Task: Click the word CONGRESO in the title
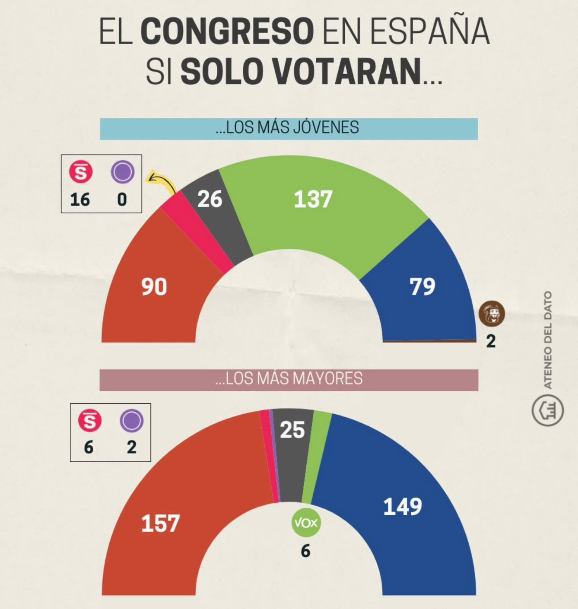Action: pyautogui.click(x=227, y=32)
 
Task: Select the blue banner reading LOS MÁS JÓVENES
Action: pyautogui.click(x=289, y=128)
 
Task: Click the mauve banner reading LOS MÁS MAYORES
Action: pyautogui.click(x=289, y=379)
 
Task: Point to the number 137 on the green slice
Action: pyautogui.click(x=313, y=200)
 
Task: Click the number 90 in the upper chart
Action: pyautogui.click(x=154, y=287)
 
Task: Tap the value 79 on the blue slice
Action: pyautogui.click(x=422, y=286)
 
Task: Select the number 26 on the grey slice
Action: pyautogui.click(x=210, y=199)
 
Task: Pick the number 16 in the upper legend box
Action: pyautogui.click(x=80, y=200)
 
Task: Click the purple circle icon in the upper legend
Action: pyautogui.click(x=123, y=172)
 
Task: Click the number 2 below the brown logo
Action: pyautogui.click(x=491, y=341)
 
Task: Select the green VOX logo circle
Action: pyautogui.click(x=306, y=523)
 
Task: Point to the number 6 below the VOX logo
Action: pyautogui.click(x=305, y=551)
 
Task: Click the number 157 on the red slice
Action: pyautogui.click(x=160, y=523)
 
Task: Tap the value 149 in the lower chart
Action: pyautogui.click(x=403, y=507)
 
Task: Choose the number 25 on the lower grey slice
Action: pyautogui.click(x=292, y=430)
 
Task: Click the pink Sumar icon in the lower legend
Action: pyautogui.click(x=89, y=421)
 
